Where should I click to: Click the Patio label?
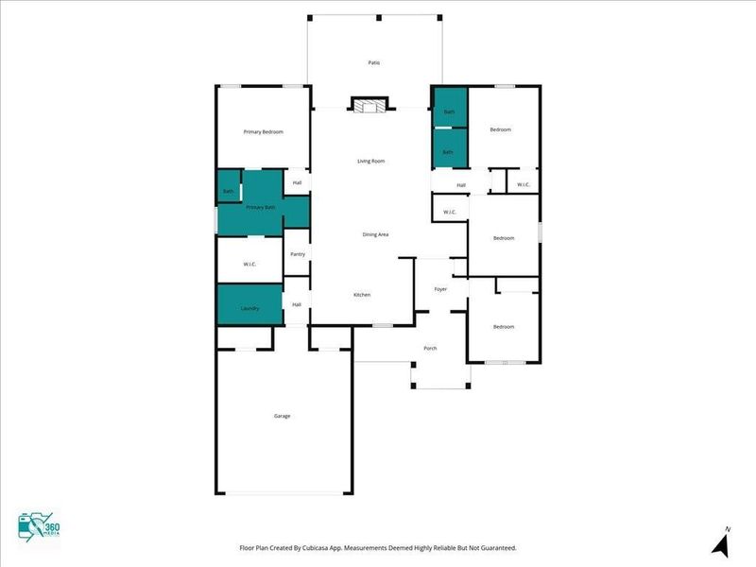point(374,62)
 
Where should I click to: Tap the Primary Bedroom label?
point(263,131)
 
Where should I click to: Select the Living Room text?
point(370,161)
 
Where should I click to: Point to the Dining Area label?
point(376,234)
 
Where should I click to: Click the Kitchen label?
point(362,295)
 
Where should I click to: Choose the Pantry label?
point(298,253)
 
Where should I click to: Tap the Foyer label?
point(440,288)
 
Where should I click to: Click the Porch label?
point(430,348)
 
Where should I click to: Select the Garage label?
point(282,416)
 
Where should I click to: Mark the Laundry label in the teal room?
point(250,308)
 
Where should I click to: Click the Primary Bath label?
point(261,207)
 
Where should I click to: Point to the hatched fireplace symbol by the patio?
point(369,105)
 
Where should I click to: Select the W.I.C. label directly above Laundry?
point(250,264)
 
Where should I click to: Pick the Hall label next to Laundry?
point(297,304)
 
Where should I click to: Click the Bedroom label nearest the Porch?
point(504,326)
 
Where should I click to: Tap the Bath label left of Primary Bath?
point(228,192)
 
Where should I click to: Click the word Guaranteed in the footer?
point(494,548)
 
